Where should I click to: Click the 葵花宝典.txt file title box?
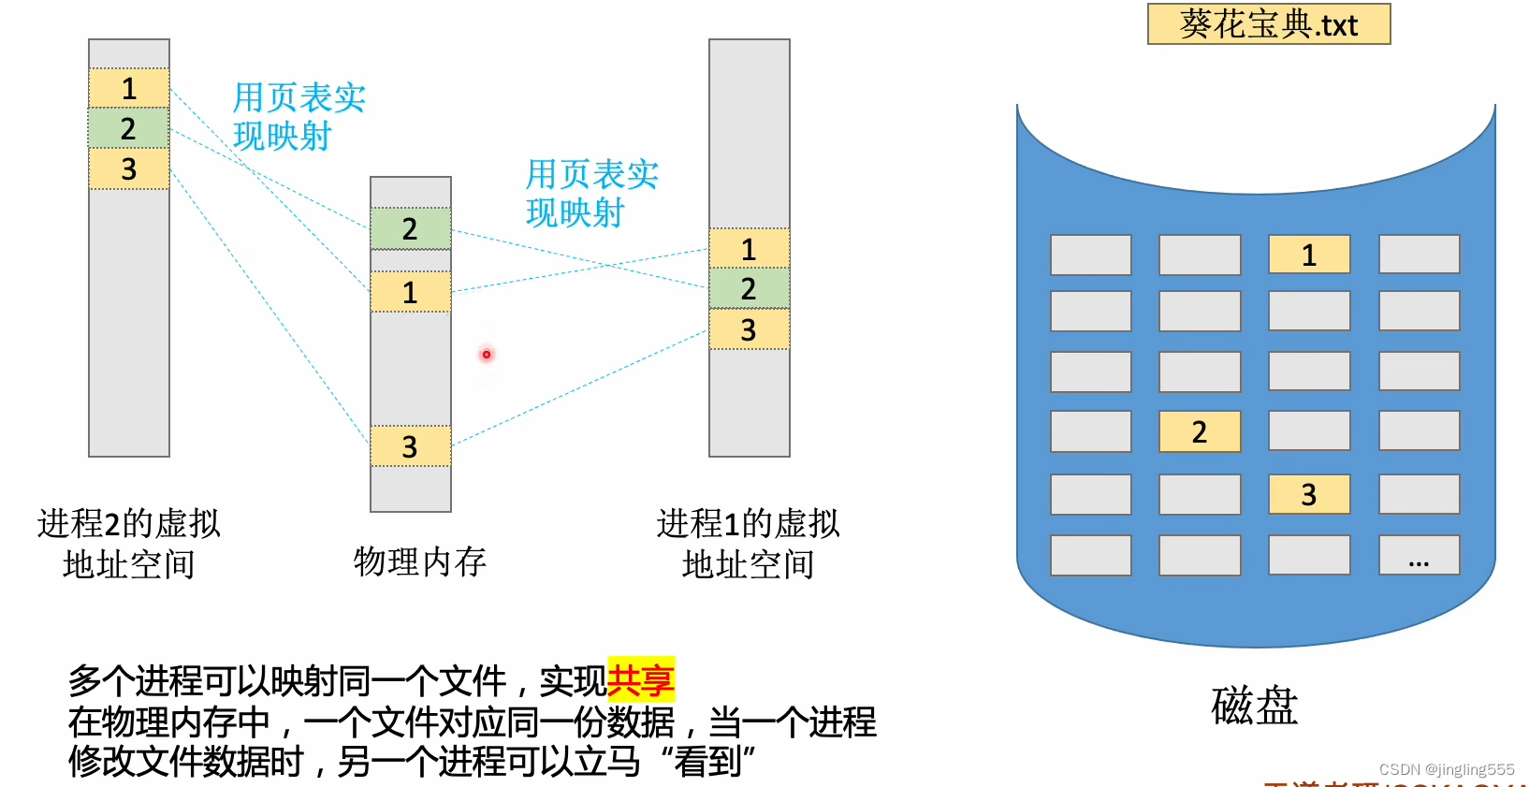[1269, 24]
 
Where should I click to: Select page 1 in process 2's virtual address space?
[129, 88]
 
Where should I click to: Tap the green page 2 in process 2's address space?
[129, 128]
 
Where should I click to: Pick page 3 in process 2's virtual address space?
[129, 169]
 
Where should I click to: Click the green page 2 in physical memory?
[410, 228]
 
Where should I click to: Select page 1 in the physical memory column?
[410, 292]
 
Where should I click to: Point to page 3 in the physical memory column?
[410, 446]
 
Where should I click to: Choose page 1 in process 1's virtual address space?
[749, 249]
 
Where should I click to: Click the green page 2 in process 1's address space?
[749, 289]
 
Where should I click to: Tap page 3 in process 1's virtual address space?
[749, 329]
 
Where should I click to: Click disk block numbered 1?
[1309, 255]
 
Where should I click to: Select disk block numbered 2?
[1200, 431]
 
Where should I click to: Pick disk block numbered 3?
[1309, 494]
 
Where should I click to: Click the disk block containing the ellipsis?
[1419, 555]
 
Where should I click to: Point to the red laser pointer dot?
[487, 355]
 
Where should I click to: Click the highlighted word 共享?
[641, 680]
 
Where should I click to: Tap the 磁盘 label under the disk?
[1254, 706]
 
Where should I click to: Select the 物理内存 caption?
[420, 561]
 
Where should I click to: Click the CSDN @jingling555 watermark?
[1447, 769]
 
